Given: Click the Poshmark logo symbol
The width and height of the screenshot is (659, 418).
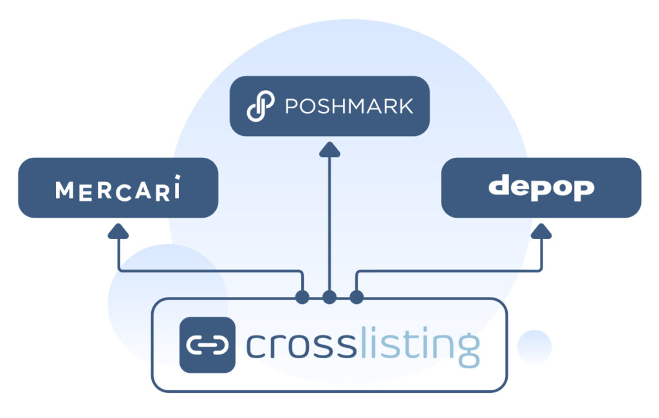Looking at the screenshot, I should tap(260, 106).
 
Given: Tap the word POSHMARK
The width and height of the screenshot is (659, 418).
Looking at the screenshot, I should tap(349, 106).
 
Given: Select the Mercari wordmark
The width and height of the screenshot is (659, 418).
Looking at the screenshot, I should tap(118, 189).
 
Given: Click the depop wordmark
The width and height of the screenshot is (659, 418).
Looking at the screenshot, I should tap(541, 187).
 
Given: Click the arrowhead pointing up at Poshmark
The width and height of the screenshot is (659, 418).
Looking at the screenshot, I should tap(329, 151).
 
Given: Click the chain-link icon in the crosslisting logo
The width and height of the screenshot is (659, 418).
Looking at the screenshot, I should tap(207, 345).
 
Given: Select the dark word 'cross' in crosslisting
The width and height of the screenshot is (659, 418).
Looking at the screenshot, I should tap(300, 346).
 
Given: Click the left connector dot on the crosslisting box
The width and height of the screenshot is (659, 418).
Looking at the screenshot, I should tap(302, 298).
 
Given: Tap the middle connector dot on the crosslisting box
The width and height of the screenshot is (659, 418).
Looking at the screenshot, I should tap(329, 298).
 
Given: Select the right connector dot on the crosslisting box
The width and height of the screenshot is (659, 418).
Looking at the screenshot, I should tap(357, 298).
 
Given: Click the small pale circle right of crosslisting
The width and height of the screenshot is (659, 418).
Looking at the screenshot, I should tap(534, 347).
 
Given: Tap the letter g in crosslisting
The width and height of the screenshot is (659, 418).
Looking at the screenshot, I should tap(468, 350).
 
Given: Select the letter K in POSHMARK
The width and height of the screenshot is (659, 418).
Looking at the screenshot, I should tap(405, 106).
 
